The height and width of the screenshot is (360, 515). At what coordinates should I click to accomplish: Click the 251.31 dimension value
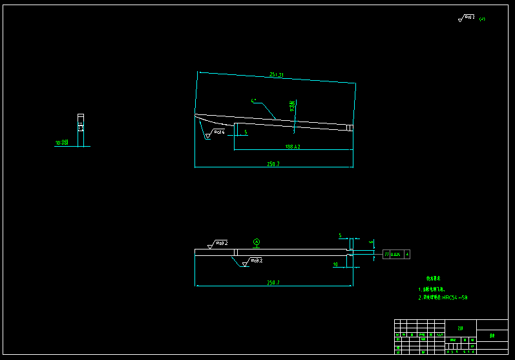point(277,76)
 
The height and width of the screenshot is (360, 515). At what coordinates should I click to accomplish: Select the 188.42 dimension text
point(293,147)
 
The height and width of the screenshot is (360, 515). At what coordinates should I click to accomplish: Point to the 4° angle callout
point(255,101)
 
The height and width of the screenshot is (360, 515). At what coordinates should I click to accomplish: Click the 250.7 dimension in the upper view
point(273,164)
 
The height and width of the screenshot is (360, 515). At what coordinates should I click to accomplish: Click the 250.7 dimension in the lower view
point(273,283)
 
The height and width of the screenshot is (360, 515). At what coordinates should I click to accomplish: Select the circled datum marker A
point(257,242)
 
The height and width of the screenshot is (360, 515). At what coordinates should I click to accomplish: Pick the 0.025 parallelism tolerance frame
point(396,255)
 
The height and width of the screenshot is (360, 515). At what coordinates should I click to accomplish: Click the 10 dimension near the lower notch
point(335,264)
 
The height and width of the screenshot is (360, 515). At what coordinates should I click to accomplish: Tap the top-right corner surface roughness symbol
point(467,18)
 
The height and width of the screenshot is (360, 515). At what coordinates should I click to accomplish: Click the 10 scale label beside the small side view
point(62,142)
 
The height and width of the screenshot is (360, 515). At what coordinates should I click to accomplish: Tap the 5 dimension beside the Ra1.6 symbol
point(246,132)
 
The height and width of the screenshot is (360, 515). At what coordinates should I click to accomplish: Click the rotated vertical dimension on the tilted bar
point(292,107)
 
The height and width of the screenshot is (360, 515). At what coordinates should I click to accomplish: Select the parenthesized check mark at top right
point(482,19)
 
